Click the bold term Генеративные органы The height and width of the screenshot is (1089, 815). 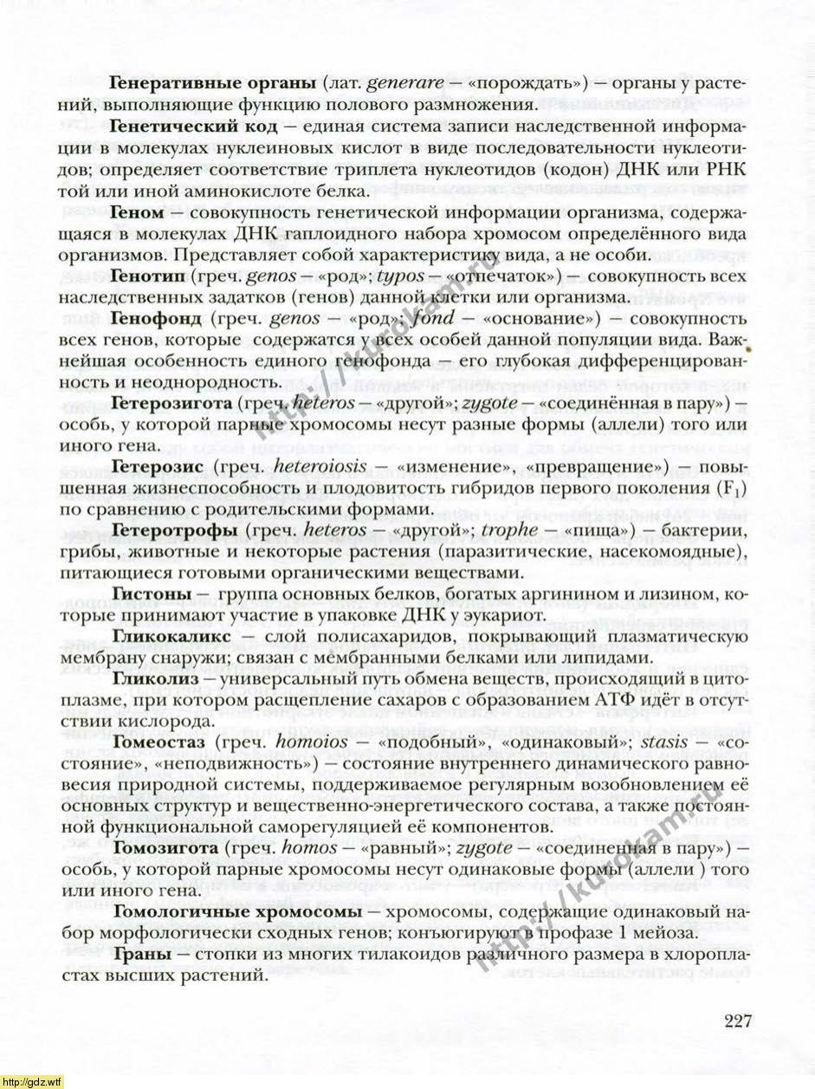(x=212, y=85)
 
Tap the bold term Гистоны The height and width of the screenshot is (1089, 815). (x=152, y=594)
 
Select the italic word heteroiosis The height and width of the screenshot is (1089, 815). (x=325, y=467)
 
